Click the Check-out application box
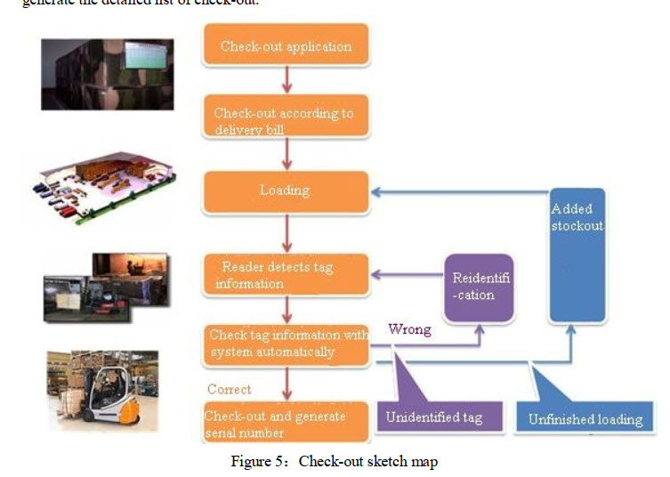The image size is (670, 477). (286, 46)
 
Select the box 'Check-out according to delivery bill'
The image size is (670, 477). (286, 121)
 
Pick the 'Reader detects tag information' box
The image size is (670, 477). (286, 275)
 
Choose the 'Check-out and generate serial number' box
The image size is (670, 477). (286, 423)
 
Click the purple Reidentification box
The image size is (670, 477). (480, 287)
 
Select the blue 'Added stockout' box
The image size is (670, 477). (577, 255)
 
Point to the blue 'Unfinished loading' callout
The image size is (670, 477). (585, 418)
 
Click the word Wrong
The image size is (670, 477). (409, 329)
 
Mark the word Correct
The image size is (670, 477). (229, 389)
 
